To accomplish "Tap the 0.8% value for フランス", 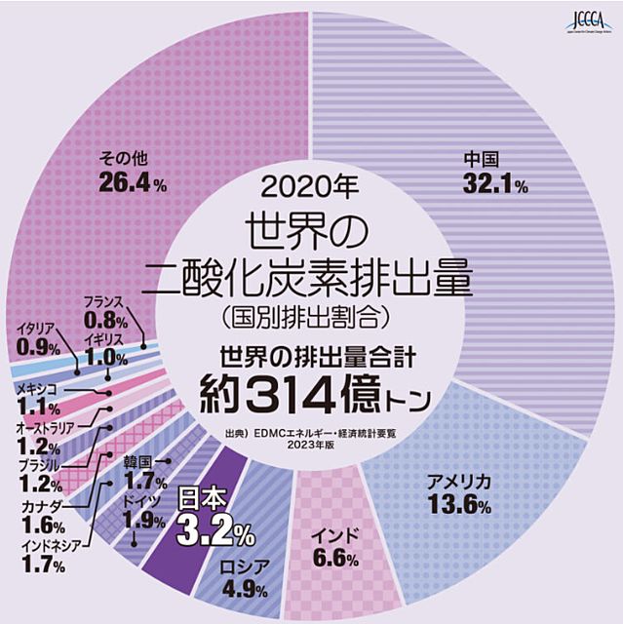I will [105, 319].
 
